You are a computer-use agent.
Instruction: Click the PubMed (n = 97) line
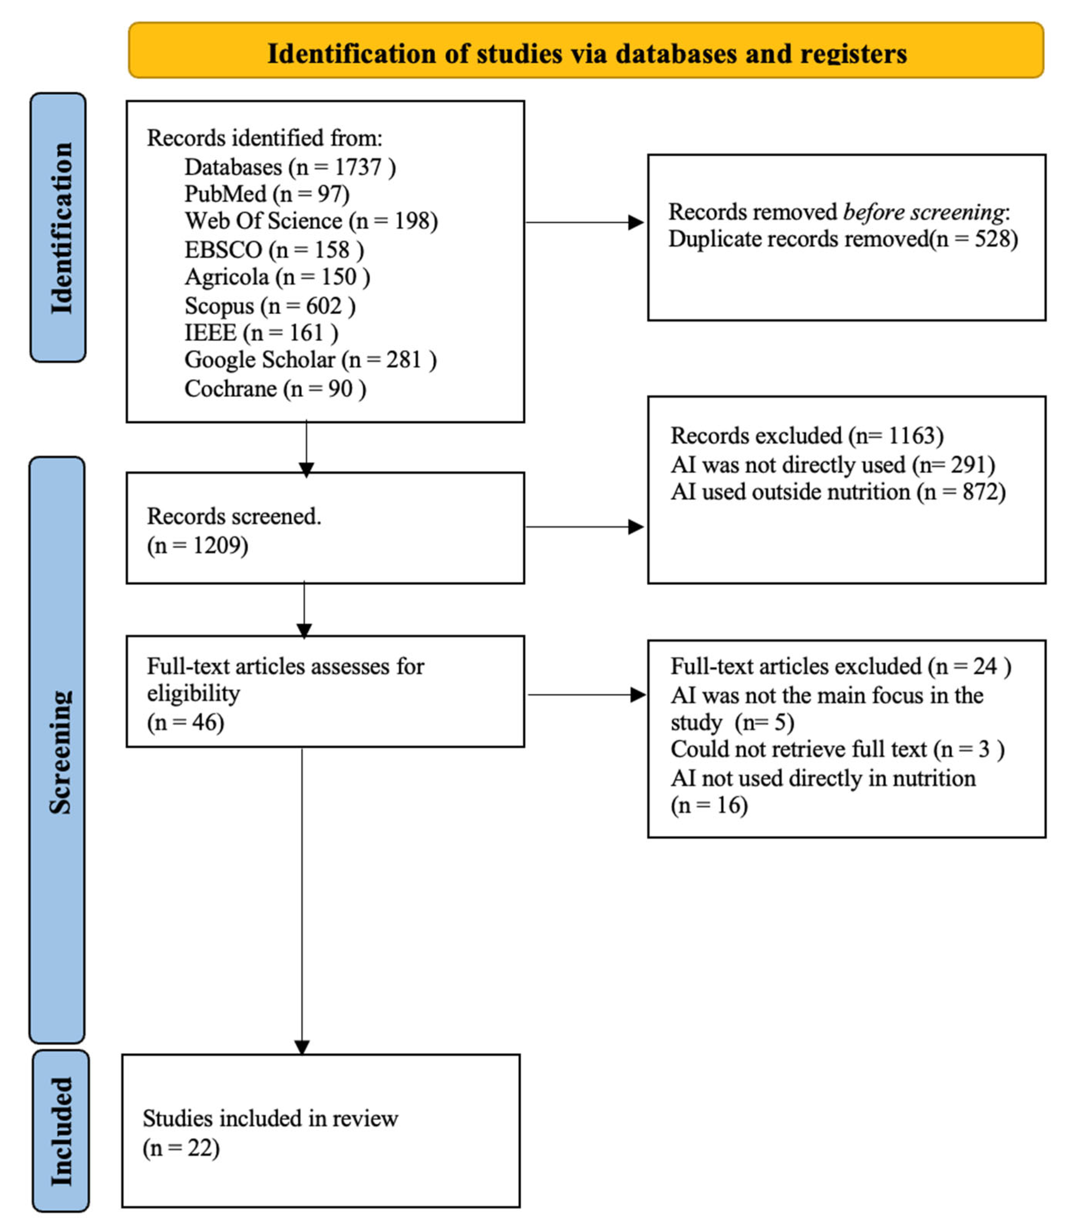click(267, 194)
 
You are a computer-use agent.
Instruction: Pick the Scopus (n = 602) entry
click(269, 306)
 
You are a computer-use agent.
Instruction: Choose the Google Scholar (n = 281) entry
click(310, 360)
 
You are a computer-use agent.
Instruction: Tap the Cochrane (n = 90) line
click(275, 389)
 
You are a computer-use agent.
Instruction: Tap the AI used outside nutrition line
click(838, 492)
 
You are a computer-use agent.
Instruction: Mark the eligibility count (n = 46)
click(185, 722)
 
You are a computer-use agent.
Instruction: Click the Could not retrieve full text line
click(837, 749)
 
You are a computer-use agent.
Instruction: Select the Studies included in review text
click(270, 1118)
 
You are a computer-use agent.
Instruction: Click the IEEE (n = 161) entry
click(261, 333)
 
